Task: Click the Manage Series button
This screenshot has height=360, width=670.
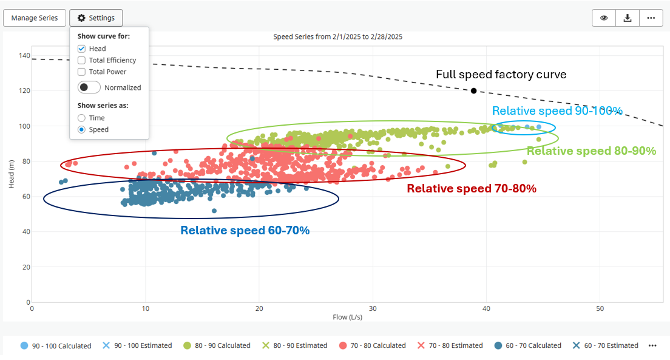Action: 35,18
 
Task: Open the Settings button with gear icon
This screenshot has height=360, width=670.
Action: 96,18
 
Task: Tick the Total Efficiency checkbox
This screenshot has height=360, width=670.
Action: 81,60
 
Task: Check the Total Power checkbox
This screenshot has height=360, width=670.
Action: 81,72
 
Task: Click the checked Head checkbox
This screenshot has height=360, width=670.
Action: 81,49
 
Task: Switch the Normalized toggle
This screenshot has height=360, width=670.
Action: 89,87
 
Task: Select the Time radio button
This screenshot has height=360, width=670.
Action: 81,118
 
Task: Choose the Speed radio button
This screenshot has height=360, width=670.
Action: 81,129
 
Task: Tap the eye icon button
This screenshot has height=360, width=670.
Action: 604,18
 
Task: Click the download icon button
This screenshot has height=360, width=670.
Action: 627,18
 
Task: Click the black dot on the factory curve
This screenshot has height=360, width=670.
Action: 473,90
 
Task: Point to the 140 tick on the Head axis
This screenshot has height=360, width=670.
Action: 24,55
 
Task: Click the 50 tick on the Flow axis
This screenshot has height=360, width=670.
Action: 600,308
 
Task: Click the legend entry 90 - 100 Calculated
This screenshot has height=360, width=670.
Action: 55,345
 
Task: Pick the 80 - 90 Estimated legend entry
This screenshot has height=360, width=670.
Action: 294,345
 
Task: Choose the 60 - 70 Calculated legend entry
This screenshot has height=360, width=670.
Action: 527,345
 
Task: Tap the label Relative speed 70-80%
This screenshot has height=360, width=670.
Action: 472,188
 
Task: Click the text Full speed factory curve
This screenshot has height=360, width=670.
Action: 501,75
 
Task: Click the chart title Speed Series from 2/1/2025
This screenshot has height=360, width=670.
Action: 337,36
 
